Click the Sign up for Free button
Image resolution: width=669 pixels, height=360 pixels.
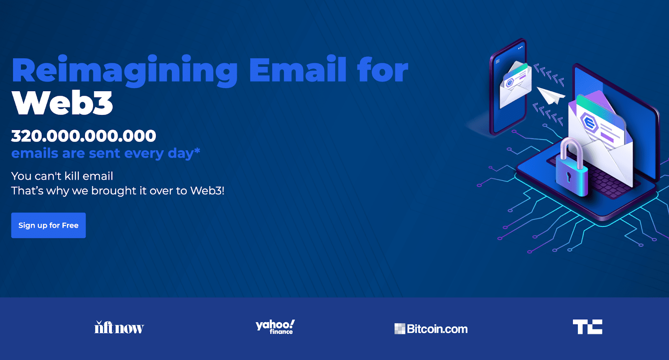[x=49, y=225]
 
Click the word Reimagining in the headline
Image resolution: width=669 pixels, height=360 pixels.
[x=125, y=71]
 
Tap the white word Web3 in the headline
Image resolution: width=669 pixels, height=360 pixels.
[x=62, y=103]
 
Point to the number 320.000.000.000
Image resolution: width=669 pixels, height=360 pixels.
[x=84, y=136]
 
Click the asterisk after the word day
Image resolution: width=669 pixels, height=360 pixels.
[x=197, y=151]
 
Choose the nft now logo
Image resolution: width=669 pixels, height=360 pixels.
[x=119, y=327]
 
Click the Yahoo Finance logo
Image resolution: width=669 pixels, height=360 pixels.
[x=275, y=327]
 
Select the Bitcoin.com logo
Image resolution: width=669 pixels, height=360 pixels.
[x=431, y=329]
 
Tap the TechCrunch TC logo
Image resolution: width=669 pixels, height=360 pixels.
[x=587, y=327]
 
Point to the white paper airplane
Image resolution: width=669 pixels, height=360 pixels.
[x=550, y=95]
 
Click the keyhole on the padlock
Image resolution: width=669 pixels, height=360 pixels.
[x=568, y=176]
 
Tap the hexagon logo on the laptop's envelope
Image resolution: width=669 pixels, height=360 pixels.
[x=590, y=123]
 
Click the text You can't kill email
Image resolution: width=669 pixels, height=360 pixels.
[x=62, y=176]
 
